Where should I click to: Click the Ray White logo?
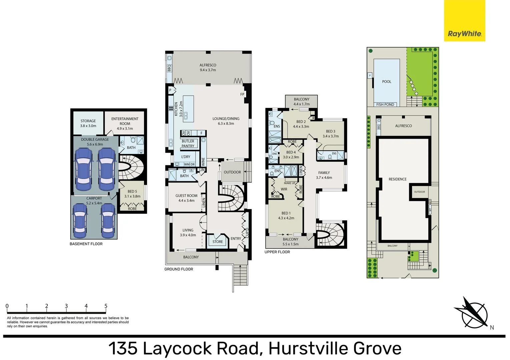[464, 21]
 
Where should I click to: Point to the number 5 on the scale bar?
[106, 306]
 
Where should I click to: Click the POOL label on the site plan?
[387, 82]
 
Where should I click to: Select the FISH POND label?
[385, 104]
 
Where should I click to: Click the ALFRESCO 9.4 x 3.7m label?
[208, 68]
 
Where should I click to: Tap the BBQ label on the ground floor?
[169, 68]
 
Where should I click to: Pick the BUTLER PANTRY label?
[188, 144]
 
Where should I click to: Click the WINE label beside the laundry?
[203, 162]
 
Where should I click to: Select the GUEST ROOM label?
[186, 198]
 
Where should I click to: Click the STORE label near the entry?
[217, 242]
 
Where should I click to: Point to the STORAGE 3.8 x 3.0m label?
[88, 123]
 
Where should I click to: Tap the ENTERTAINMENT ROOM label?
[125, 123]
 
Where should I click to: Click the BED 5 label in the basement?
[132, 194]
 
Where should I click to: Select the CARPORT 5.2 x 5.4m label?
[94, 201]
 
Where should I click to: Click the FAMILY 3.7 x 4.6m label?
[324, 175]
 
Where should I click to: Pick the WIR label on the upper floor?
[284, 189]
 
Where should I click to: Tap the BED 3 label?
[331, 134]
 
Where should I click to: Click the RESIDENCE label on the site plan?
[398, 179]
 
